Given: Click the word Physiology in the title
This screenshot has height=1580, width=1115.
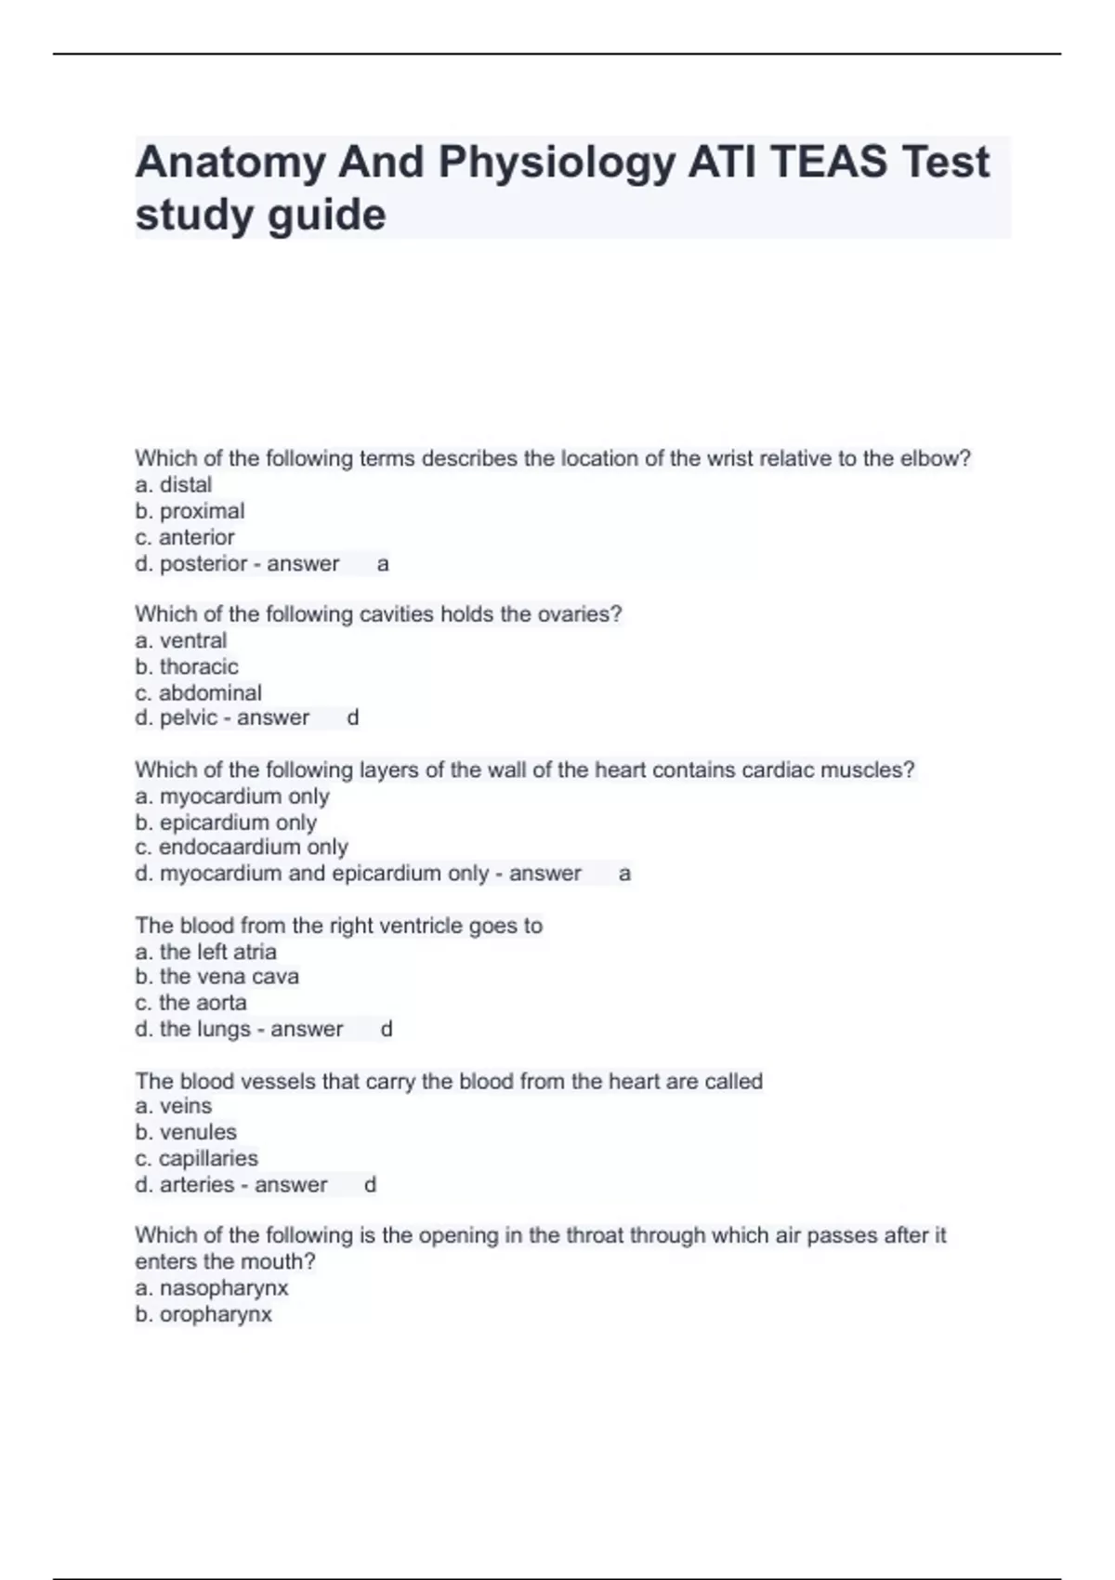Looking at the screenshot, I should pos(556,163).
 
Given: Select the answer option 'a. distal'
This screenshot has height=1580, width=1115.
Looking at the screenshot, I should pos(173,485).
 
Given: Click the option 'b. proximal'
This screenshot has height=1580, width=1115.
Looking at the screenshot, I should pos(190,511).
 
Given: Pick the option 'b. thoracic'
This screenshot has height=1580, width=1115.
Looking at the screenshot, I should pos(187,666).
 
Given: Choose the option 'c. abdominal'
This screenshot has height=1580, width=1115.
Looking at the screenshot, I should pos(198,692).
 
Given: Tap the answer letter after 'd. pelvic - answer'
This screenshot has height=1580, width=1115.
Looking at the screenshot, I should pos(352,718).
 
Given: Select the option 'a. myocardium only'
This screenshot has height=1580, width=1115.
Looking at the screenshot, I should pos(231,797).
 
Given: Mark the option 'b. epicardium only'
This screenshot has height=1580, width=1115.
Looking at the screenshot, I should pos(226,823).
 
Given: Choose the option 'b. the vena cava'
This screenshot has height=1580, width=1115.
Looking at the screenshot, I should pos(216,977).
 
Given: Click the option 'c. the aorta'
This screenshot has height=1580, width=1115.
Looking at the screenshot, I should pos(190,1003).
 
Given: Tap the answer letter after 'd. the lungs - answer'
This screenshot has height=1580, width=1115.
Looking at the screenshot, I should pos(387,1029).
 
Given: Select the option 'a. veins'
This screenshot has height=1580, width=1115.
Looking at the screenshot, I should pos(173,1106).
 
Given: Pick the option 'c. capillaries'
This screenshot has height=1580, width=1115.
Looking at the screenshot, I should pos(196,1158).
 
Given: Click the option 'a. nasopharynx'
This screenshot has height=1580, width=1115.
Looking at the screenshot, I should pos(211,1288).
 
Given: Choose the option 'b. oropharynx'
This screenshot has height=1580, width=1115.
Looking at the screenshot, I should pos(203,1314).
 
